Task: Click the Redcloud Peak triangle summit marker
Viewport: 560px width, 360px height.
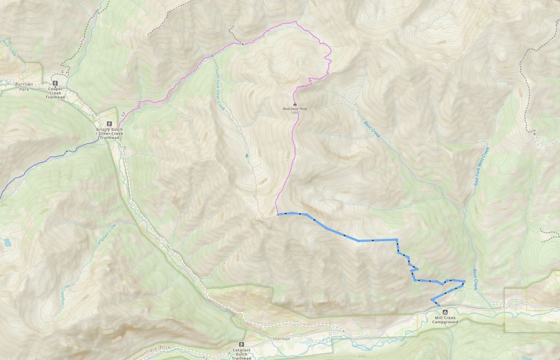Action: pyautogui.click(x=295, y=103)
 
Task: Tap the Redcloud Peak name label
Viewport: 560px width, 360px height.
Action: pyautogui.click(x=295, y=108)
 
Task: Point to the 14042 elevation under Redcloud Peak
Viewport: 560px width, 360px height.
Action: pyautogui.click(x=295, y=112)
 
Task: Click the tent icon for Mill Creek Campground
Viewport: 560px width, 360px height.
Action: pyautogui.click(x=437, y=311)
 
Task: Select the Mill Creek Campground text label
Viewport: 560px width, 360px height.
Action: pyautogui.click(x=444, y=320)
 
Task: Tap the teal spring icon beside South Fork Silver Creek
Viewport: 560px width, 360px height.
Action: pyautogui.click(x=247, y=155)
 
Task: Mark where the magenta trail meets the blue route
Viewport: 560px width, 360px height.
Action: pyautogui.click(x=278, y=214)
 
